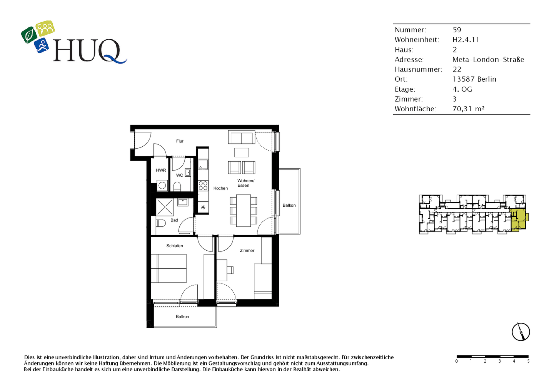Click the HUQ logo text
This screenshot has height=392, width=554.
[87, 51]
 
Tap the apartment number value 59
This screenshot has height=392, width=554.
[457, 30]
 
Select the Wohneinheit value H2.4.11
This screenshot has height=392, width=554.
[466, 40]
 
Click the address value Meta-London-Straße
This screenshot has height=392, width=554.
[488, 60]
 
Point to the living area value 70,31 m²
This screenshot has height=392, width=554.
[468, 109]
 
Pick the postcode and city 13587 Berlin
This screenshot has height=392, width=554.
[474, 79]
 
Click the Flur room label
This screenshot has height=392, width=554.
[180, 141]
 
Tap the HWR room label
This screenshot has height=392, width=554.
[161, 170]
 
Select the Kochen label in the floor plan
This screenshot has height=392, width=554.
[220, 188]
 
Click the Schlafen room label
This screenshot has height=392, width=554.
[175, 246]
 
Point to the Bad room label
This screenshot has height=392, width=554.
[174, 220]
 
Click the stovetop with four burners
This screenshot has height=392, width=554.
[203, 186]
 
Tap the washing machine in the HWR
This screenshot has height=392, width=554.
[162, 186]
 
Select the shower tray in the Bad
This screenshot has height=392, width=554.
[165, 207]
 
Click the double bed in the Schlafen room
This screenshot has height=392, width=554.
[169, 268]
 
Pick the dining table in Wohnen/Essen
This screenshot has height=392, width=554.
[244, 211]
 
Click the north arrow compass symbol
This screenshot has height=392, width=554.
[521, 332]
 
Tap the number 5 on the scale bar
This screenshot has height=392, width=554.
[528, 361]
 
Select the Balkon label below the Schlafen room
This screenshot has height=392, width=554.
[182, 317]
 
